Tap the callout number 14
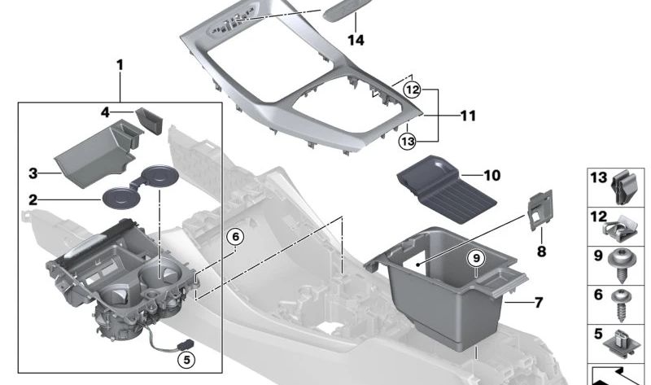[x=355, y=38]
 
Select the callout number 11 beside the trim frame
[x=467, y=116]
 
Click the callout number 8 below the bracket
[x=541, y=252]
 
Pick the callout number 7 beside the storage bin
[x=538, y=303]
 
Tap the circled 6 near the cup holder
[x=234, y=237]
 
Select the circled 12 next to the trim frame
[x=412, y=90]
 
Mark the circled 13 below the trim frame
[x=407, y=142]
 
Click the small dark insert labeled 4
[x=148, y=119]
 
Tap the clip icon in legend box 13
[x=627, y=189]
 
